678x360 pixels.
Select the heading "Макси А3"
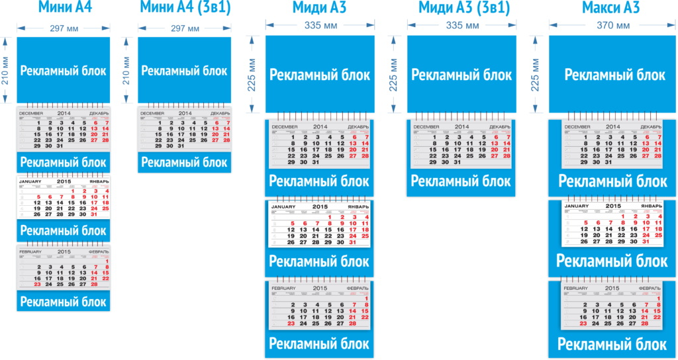tap(610, 8)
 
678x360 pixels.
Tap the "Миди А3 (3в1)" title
tap(464, 8)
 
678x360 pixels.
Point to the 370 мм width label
tap(612, 26)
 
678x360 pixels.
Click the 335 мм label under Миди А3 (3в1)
tap(463, 26)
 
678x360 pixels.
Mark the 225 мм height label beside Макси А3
tap(536, 74)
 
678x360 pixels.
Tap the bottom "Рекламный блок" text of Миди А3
tap(319, 343)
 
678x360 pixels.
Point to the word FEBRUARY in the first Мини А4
tap(31, 252)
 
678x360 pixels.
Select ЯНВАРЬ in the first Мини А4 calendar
tap(96, 182)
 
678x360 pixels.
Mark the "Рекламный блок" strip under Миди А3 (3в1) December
tap(462, 181)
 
